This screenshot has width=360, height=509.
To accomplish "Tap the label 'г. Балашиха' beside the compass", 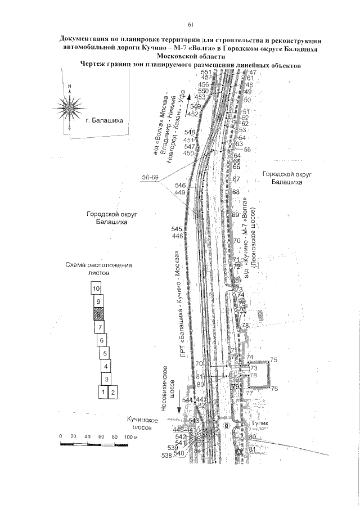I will pos(107,120).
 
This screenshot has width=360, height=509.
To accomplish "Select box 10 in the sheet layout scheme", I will pos(97,288).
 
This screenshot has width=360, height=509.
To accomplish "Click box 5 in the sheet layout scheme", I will pos(105,354).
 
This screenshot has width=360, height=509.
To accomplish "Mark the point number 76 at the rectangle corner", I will pos(275,389).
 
